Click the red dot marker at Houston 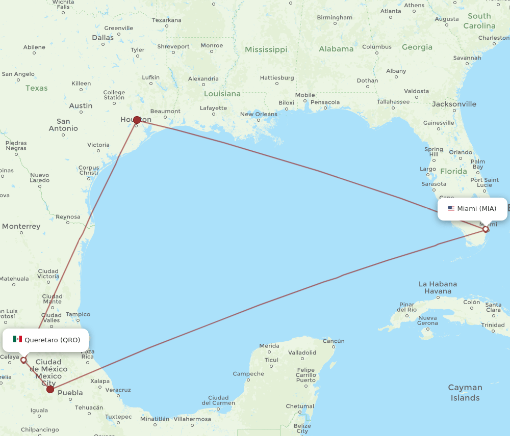(137, 120)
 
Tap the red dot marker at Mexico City (50, 389)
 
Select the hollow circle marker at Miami (486, 229)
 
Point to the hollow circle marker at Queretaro (23, 360)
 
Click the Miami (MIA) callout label (472, 209)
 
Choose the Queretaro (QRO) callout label (46, 340)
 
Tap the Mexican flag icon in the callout (18, 339)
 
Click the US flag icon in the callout (451, 208)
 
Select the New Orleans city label (259, 114)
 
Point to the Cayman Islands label (465, 393)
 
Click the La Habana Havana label (438, 287)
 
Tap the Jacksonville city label (454, 104)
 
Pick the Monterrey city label (21, 226)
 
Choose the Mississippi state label (266, 49)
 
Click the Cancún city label (334, 341)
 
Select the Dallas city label (103, 37)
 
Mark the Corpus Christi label (89, 170)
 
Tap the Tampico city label (78, 314)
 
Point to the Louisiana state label (222, 94)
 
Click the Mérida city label (269, 345)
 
